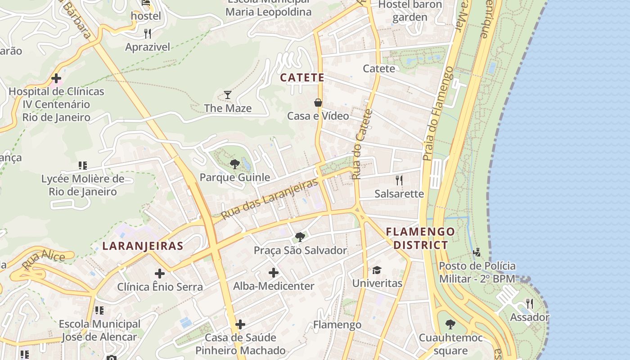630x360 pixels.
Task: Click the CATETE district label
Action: pyautogui.click(x=302, y=77)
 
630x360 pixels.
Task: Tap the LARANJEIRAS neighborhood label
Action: pyautogui.click(x=143, y=246)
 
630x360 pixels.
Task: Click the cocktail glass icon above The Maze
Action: pyautogui.click(x=228, y=94)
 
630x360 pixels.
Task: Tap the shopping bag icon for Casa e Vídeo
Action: pyautogui.click(x=318, y=103)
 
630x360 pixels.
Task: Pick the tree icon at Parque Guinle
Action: pyautogui.click(x=234, y=164)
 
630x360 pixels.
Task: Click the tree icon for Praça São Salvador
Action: pyautogui.click(x=300, y=237)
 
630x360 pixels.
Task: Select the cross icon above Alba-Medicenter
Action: pyautogui.click(x=274, y=272)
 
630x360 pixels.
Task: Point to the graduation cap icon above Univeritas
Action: pyautogui.click(x=377, y=270)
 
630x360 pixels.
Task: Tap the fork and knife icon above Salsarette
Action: pyautogui.click(x=399, y=180)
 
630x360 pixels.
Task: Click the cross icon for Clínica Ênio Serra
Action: pyautogui.click(x=160, y=273)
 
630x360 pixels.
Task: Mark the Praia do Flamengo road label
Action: pyautogui.click(x=440, y=113)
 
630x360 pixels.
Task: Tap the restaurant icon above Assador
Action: pyautogui.click(x=530, y=304)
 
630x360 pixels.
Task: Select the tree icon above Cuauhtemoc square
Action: pyautogui.click(x=450, y=324)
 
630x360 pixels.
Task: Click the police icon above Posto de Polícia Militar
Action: pyautogui.click(x=477, y=252)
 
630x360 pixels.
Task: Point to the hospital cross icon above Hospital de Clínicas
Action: pyautogui.click(x=56, y=79)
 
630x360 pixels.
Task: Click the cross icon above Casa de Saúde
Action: pyautogui.click(x=240, y=324)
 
